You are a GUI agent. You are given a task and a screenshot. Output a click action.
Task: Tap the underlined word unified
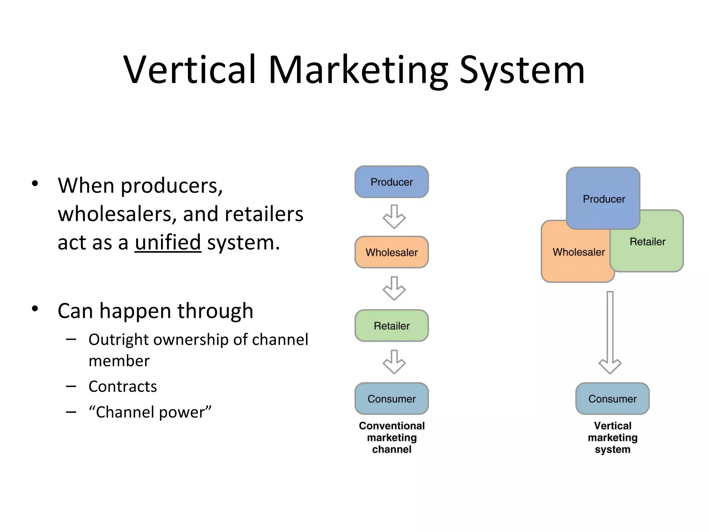pos(168,242)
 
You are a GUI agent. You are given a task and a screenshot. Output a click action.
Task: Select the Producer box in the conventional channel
pos(392,182)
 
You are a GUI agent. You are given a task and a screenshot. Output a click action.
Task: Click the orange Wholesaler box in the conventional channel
pos(392,252)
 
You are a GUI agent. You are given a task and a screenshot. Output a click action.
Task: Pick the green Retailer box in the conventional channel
pos(392,326)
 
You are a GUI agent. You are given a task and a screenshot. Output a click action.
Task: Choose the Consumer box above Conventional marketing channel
pos(392,399)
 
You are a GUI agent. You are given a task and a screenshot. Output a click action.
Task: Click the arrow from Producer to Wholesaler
pos(394,217)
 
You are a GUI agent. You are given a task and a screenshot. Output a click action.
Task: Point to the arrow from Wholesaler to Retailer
pos(394,288)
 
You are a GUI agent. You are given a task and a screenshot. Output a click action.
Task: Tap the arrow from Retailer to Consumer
pos(394,362)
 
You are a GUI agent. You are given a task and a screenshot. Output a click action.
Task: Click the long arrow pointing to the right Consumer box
pos(610,332)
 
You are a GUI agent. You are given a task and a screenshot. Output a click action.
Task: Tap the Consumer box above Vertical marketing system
pos(612,399)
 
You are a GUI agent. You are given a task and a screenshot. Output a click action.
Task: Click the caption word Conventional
pos(392,426)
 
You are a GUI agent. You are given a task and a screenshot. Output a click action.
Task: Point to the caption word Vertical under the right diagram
pos(612,426)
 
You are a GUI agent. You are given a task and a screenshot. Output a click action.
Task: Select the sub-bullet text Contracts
pos(123,387)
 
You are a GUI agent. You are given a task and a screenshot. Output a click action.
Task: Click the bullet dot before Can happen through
pos(35,309)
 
